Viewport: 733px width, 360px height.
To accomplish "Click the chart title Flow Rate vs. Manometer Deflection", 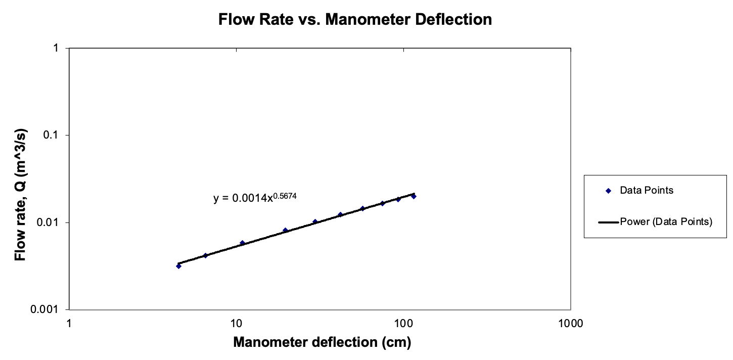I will coord(355,19).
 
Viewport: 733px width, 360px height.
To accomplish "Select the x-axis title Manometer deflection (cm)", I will coord(322,342).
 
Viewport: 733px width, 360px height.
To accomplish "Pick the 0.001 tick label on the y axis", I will coord(48,309).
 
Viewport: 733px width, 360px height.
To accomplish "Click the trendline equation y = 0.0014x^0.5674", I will coord(254,198).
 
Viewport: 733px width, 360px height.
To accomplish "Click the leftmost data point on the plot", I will coord(178,266).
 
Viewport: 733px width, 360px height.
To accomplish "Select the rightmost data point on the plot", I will coord(414,196).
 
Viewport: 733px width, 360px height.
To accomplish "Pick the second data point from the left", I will coord(205,255).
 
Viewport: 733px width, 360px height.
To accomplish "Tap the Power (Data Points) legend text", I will coord(666,221).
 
